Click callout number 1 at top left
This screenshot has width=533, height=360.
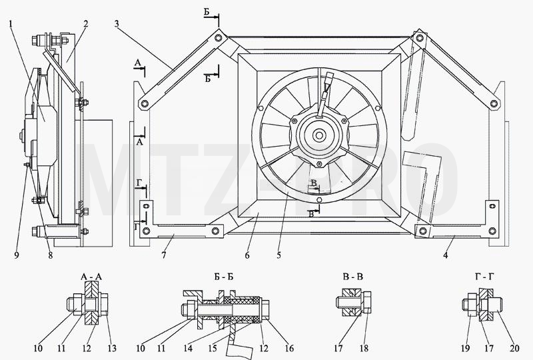[11, 24]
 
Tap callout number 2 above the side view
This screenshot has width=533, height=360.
[86, 24]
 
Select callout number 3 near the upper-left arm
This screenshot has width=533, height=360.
[117, 24]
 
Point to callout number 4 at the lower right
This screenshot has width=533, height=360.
[445, 255]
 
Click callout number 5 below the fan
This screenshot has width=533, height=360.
[278, 255]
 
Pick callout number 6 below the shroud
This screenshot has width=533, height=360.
[247, 255]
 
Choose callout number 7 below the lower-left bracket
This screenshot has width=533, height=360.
[164, 255]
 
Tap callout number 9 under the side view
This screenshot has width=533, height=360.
[17, 255]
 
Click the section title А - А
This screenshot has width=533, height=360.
[91, 277]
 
